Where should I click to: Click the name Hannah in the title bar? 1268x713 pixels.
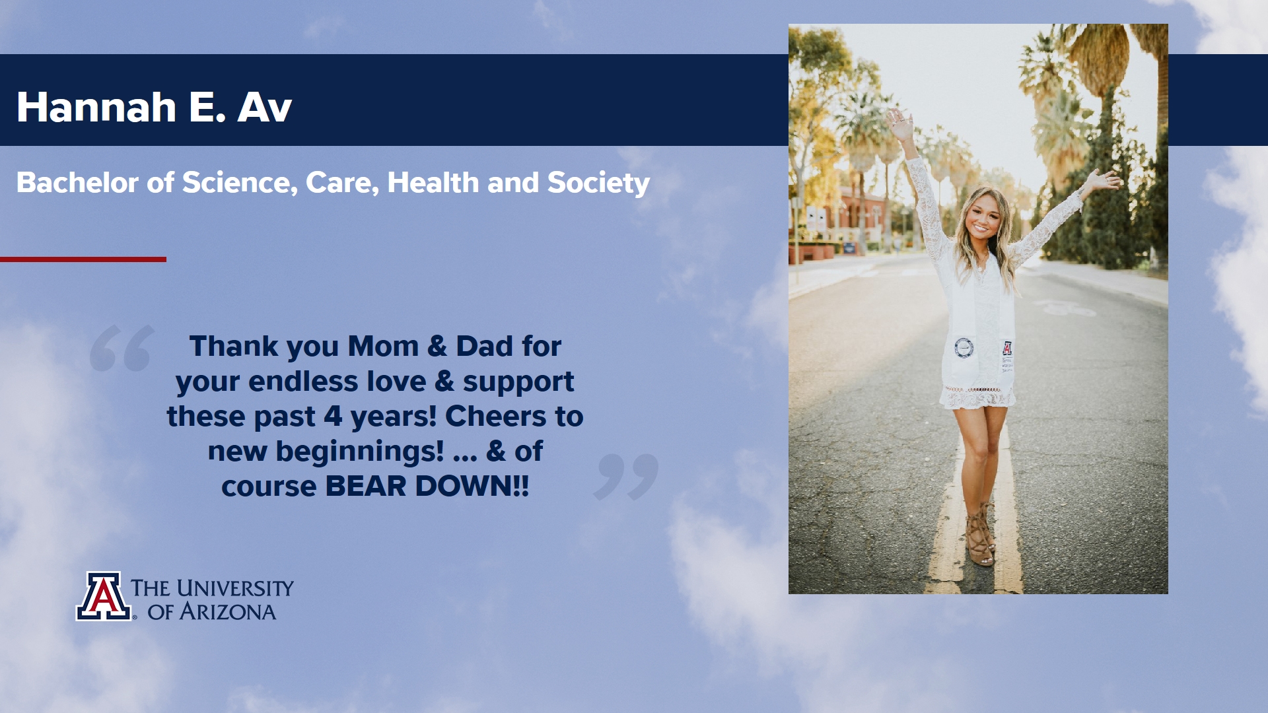click(x=96, y=107)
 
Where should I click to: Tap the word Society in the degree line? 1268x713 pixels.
click(x=598, y=184)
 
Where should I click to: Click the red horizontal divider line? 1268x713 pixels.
click(x=83, y=259)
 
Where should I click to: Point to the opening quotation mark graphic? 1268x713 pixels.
click(x=122, y=348)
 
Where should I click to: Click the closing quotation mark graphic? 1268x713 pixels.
click(x=626, y=477)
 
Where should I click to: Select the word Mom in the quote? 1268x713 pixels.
click(x=383, y=347)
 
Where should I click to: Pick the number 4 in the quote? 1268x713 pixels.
click(x=333, y=417)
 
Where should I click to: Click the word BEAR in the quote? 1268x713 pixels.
click(x=366, y=487)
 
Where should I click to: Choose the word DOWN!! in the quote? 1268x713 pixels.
click(x=472, y=487)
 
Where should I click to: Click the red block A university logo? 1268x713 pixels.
click(x=104, y=596)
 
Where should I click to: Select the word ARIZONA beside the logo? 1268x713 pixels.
click(x=228, y=612)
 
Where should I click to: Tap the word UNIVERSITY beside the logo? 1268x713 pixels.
click(x=235, y=588)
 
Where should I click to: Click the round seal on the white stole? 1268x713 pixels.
click(x=964, y=348)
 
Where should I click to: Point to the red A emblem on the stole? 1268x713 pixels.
click(x=1007, y=348)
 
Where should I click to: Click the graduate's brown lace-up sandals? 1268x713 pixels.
click(x=981, y=535)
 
